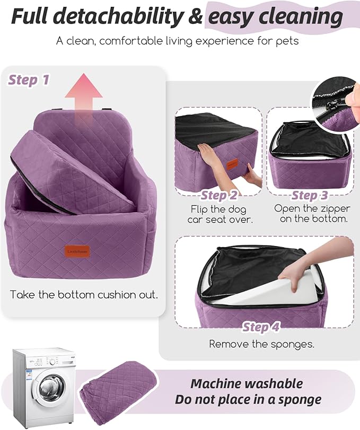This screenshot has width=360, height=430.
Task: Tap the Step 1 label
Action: [x=29, y=80]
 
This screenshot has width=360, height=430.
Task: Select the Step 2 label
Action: [x=218, y=196]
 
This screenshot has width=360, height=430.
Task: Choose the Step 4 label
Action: [x=261, y=327]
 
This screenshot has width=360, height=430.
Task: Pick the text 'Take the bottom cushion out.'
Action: [x=84, y=294]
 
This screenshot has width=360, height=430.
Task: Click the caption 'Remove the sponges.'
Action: [x=261, y=344]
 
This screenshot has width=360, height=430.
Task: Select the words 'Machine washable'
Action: [x=247, y=383]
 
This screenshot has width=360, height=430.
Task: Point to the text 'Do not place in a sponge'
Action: [x=248, y=400]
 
